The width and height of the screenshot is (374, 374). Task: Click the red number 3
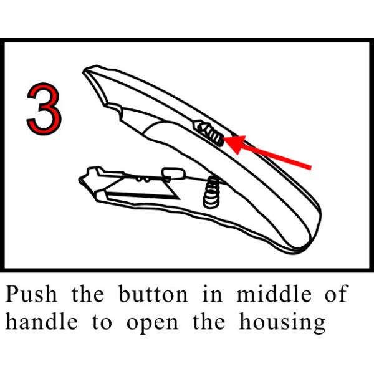point(44,108)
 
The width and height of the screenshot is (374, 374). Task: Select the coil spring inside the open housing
point(212,192)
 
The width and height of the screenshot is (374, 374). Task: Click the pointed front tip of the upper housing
point(87,70)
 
